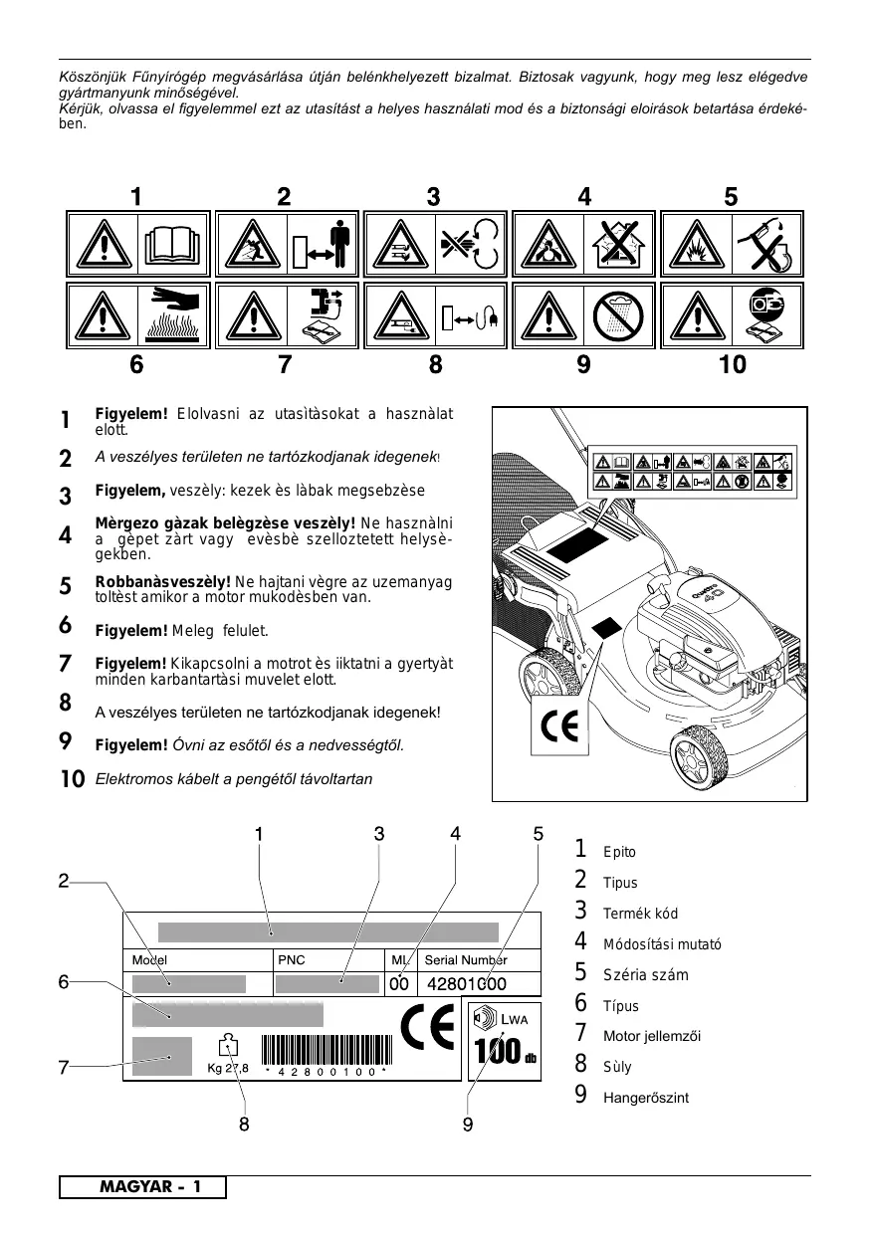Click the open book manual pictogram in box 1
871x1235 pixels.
coord(173,243)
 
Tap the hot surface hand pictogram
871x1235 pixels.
coord(173,313)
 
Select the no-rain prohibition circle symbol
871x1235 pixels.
coord(620,315)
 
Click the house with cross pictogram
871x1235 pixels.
coord(619,244)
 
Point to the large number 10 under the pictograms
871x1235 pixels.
coord(732,365)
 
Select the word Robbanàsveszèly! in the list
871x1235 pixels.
coord(162,581)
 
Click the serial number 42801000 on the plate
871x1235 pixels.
coord(467,984)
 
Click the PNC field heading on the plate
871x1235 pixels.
coord(292,960)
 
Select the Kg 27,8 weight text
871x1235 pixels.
coord(227,1069)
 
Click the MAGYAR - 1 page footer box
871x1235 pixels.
coord(142,1187)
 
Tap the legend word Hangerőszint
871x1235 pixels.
coord(646,1098)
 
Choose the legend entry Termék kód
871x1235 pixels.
coord(640,914)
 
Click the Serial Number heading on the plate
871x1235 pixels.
coord(466,960)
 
